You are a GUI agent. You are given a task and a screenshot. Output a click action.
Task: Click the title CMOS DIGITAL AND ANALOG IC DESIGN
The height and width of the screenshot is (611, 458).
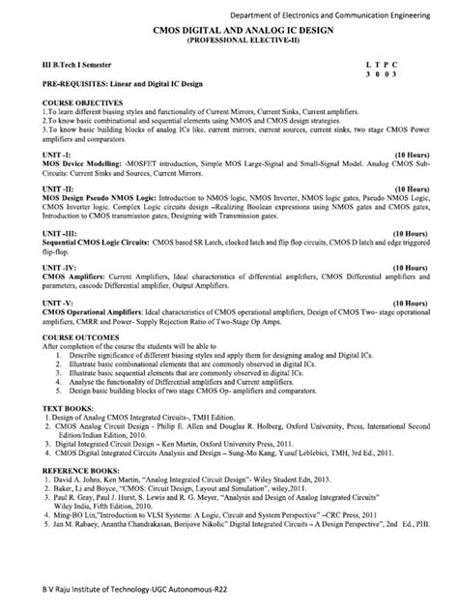(228, 32)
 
